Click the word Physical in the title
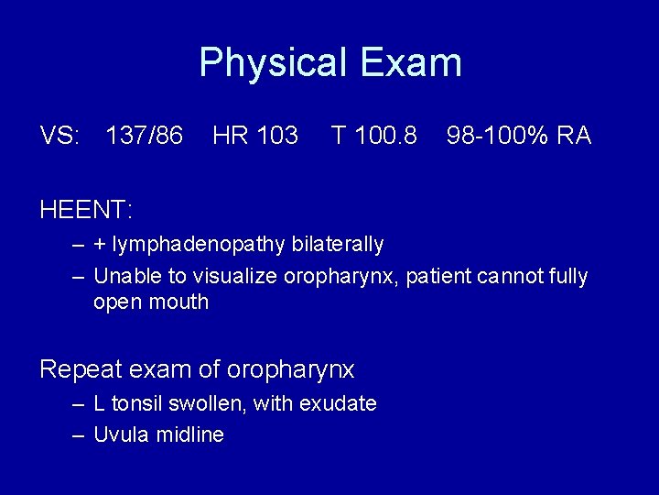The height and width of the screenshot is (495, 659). (273, 63)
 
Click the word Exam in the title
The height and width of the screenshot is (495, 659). (411, 63)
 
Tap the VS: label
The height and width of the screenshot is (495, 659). (59, 137)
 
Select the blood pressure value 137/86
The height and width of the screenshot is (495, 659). (144, 137)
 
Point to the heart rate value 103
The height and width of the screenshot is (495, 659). (277, 137)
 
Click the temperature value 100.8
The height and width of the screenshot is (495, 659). (384, 137)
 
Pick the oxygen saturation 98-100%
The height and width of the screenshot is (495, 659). (497, 137)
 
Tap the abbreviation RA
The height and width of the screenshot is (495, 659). (574, 137)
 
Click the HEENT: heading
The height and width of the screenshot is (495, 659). (86, 210)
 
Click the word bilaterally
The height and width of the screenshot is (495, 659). (338, 245)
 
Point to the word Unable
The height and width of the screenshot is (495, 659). (124, 276)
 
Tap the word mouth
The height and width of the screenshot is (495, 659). (178, 302)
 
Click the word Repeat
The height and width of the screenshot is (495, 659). (79, 369)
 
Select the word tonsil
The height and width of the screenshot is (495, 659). (139, 403)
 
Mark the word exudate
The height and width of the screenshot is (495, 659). (342, 403)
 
